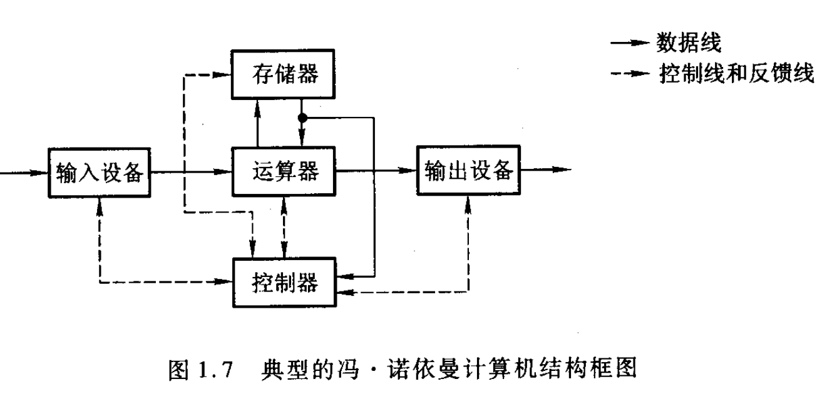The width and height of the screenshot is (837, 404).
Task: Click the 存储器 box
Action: (x=285, y=74)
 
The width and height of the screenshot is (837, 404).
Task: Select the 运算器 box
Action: (x=285, y=170)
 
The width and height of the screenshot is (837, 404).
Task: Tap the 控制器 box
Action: (x=285, y=283)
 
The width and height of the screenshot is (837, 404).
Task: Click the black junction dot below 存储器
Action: (x=302, y=117)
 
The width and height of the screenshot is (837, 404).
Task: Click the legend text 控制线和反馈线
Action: (x=736, y=74)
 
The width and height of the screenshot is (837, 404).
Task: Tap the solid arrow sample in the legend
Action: (x=629, y=43)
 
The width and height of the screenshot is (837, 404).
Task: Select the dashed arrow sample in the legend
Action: (x=629, y=74)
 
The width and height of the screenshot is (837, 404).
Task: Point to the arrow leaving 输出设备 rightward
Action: (x=545, y=169)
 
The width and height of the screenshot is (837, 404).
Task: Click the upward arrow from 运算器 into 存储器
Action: (x=257, y=123)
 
